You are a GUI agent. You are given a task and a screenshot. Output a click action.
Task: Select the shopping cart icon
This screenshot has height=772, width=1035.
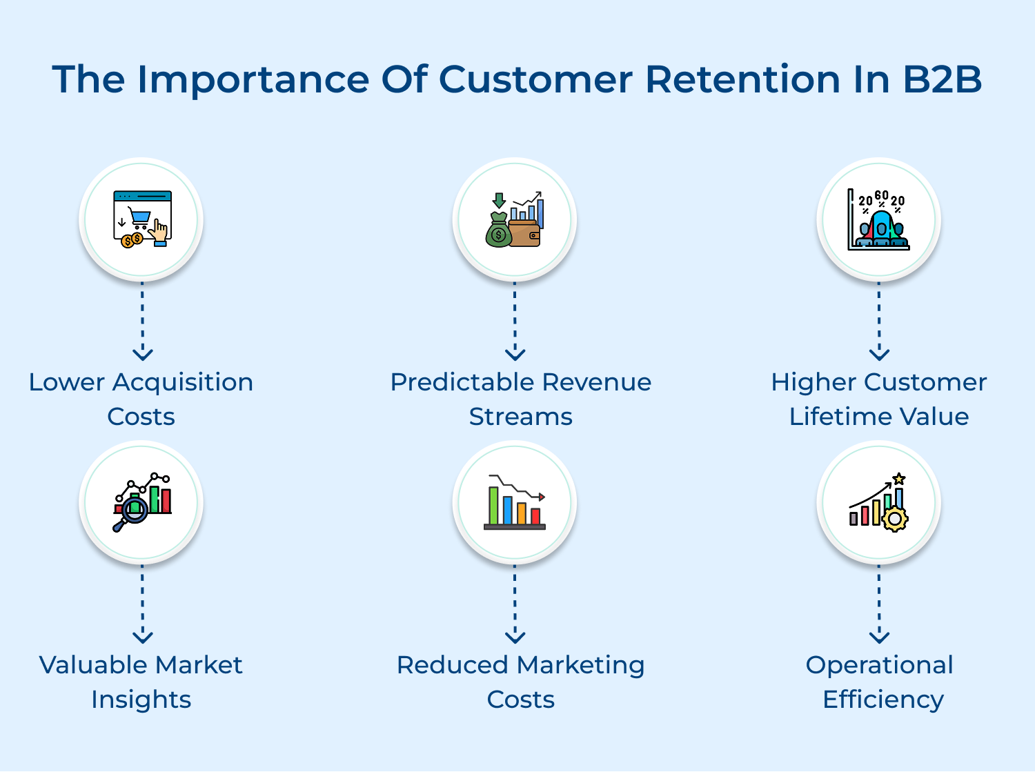click(140, 217)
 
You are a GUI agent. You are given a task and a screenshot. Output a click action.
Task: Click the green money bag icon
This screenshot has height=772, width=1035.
click(498, 232)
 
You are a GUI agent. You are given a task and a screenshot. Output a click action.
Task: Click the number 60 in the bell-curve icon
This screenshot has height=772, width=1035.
click(881, 196)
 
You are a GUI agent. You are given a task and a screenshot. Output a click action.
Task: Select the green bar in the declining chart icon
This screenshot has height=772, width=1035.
click(493, 505)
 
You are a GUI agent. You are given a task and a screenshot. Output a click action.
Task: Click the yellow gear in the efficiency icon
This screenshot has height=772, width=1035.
click(895, 518)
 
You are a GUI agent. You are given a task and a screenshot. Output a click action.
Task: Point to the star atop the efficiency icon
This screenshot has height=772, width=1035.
click(898, 479)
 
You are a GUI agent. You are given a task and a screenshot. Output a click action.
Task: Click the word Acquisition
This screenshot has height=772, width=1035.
click(183, 382)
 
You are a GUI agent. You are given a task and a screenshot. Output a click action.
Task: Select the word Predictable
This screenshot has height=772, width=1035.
click(462, 382)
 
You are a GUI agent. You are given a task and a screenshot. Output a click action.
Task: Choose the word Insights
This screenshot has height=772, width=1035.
click(141, 700)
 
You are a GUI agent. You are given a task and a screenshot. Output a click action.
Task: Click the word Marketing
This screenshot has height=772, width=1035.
click(580, 666)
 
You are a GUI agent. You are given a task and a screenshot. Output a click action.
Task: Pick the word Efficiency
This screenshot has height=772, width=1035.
click(883, 700)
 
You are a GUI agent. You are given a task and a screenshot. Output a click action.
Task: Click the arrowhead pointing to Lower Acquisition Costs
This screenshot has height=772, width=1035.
click(143, 355)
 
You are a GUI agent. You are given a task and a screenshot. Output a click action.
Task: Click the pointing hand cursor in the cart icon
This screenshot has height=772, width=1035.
click(160, 232)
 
